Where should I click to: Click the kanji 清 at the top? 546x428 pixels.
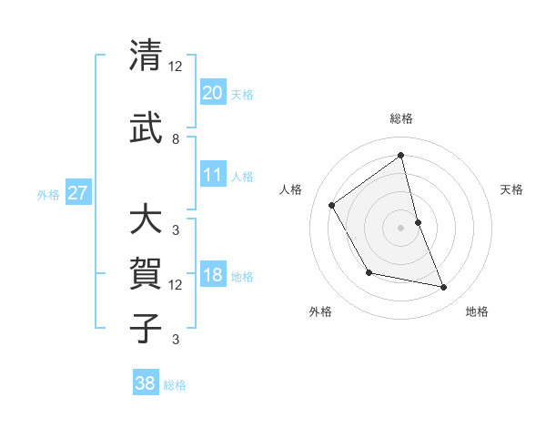point(146,56)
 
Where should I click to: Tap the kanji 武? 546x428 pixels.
point(146,127)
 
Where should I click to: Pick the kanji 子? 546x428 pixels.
point(146,328)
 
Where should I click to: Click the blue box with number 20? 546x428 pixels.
point(213,92)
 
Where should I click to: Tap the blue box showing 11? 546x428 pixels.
point(213,175)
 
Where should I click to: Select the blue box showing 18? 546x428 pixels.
point(213,275)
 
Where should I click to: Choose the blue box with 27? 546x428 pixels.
point(78,193)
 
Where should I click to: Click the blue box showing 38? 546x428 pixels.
point(146,383)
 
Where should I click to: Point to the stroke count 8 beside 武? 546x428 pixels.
point(175,139)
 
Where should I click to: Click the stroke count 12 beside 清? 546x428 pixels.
point(176,66)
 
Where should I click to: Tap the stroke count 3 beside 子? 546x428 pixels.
point(175,340)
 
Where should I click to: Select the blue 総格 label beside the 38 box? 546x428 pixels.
point(175,385)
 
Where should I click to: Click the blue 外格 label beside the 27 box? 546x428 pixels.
point(48,194)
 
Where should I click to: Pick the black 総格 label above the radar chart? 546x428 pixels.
point(401,118)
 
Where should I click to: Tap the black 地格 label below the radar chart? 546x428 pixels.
point(477,311)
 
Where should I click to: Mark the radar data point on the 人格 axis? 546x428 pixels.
point(332,205)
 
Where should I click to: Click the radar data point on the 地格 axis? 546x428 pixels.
point(444,288)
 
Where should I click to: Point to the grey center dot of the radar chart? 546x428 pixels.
point(401,227)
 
